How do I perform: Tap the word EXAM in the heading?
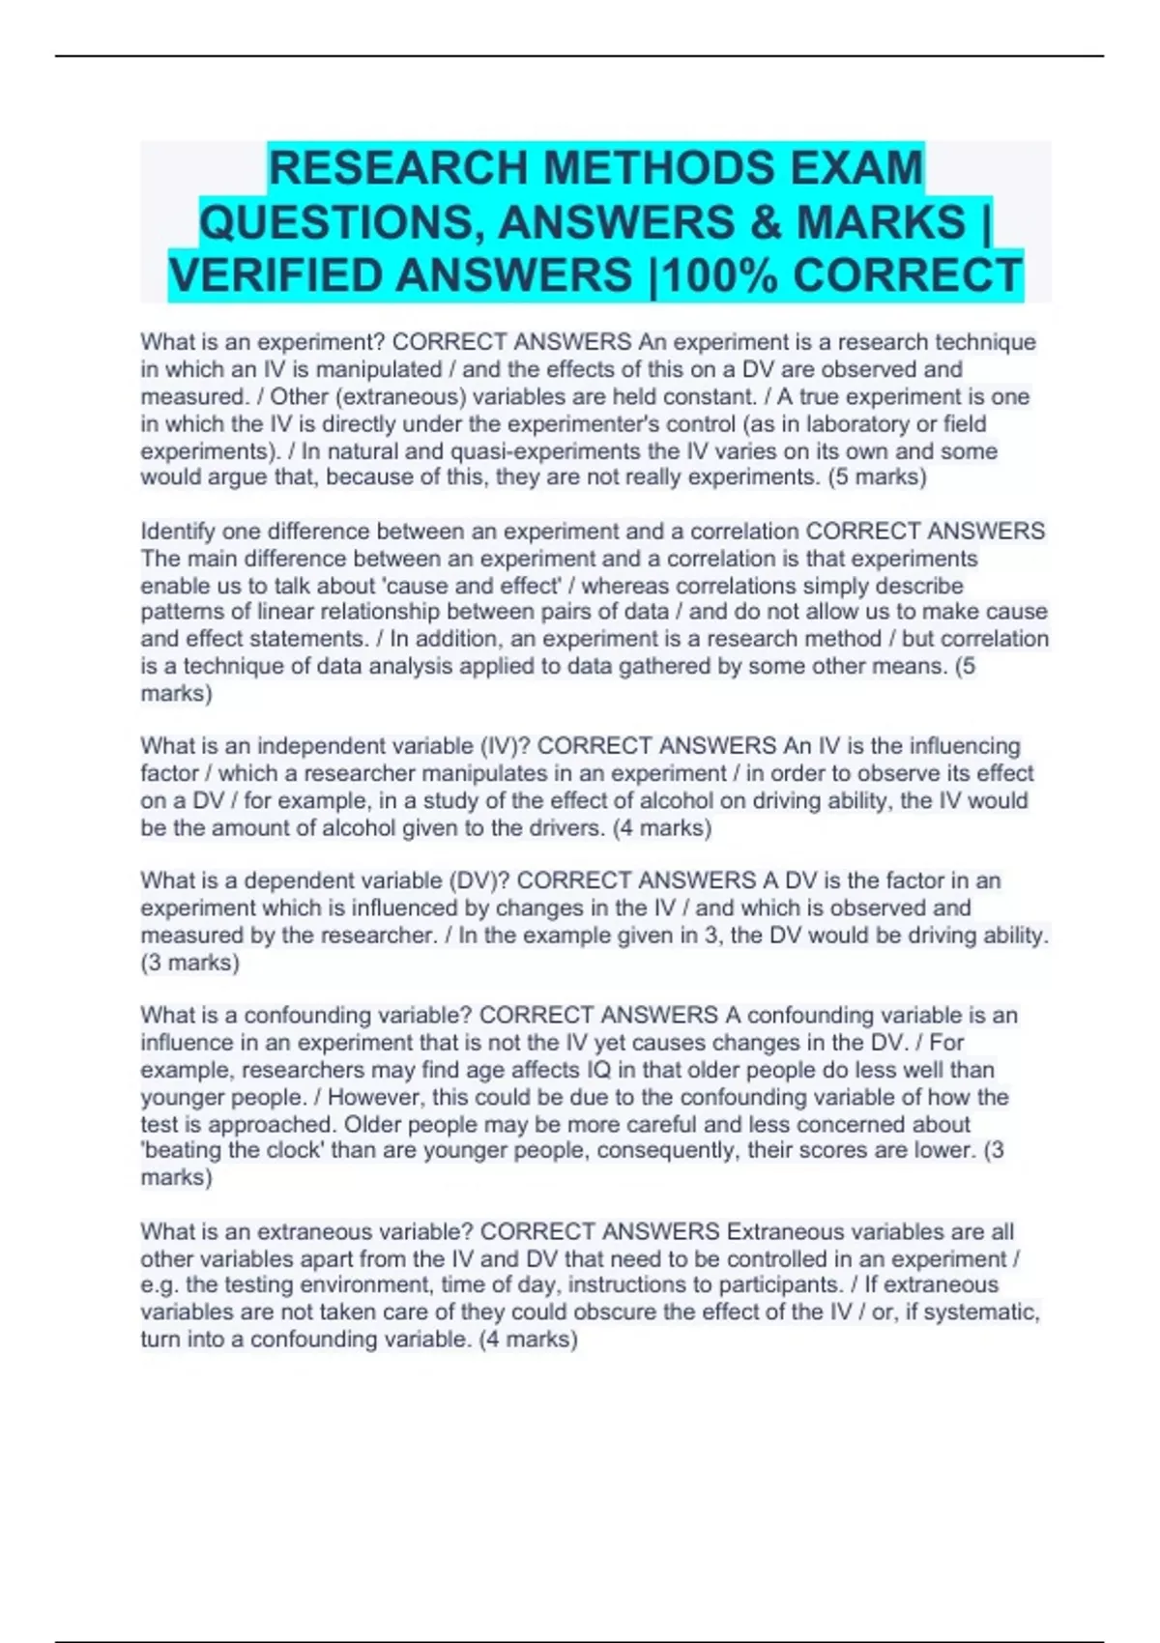click(856, 168)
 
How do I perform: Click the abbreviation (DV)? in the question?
click(478, 880)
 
